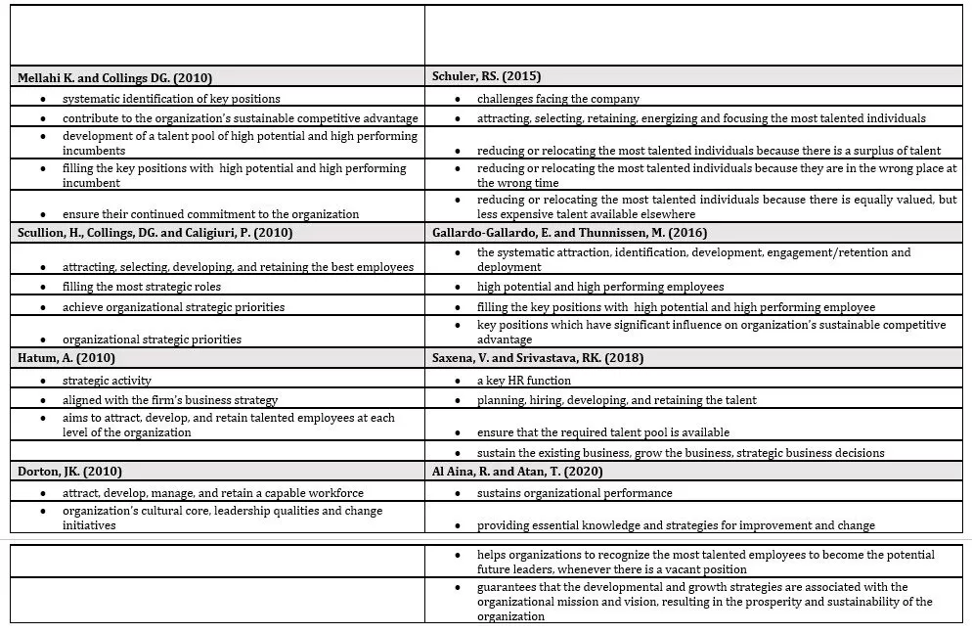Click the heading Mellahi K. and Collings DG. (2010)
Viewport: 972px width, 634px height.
pyautogui.click(x=115, y=77)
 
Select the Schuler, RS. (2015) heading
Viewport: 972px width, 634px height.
pyautogui.click(x=486, y=76)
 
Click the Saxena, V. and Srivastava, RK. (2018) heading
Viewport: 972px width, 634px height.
pyautogui.click(x=537, y=358)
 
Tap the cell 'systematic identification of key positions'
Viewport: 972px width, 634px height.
pyautogui.click(x=171, y=99)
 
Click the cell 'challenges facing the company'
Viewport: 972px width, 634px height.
pyautogui.click(x=558, y=99)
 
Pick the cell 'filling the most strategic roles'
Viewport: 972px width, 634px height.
pyautogui.click(x=142, y=287)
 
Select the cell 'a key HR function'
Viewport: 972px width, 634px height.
pyautogui.click(x=524, y=380)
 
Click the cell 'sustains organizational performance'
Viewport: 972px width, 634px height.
pyautogui.click(x=575, y=493)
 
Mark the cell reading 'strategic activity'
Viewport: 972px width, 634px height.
pyautogui.click(x=107, y=380)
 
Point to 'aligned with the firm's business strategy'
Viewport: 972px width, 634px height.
pyautogui.click(x=170, y=399)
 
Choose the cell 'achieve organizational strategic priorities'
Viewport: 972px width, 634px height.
pyautogui.click(x=174, y=306)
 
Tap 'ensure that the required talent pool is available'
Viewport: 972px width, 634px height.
pyautogui.click(x=603, y=432)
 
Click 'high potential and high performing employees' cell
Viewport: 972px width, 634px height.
pyautogui.click(x=600, y=287)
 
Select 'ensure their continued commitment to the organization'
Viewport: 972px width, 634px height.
pyautogui.click(x=210, y=214)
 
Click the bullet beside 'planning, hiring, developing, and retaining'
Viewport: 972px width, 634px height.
pyautogui.click(x=461, y=400)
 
